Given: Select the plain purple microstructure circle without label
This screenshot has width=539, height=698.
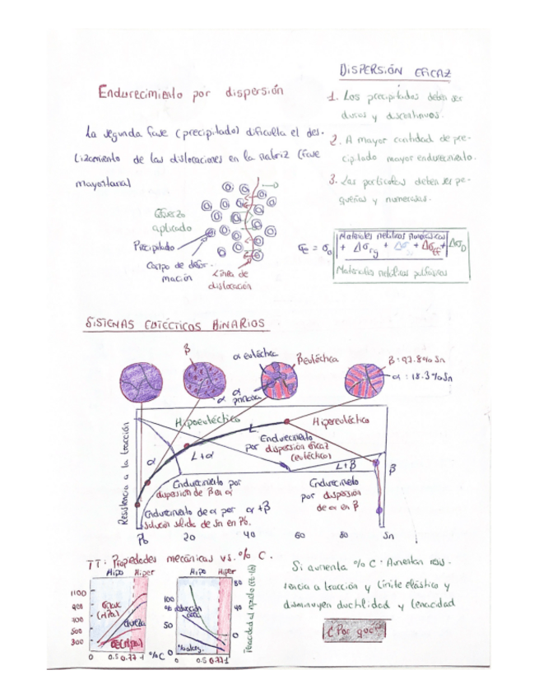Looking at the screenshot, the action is pyautogui.click(x=141, y=381).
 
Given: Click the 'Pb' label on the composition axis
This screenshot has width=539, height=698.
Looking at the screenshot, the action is pyautogui.click(x=142, y=537).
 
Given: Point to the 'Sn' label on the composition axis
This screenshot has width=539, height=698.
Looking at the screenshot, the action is pyautogui.click(x=379, y=535).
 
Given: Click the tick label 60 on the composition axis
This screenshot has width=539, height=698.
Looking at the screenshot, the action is pyautogui.click(x=300, y=535).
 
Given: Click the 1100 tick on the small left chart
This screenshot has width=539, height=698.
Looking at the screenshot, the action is pyautogui.click(x=78, y=592).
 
